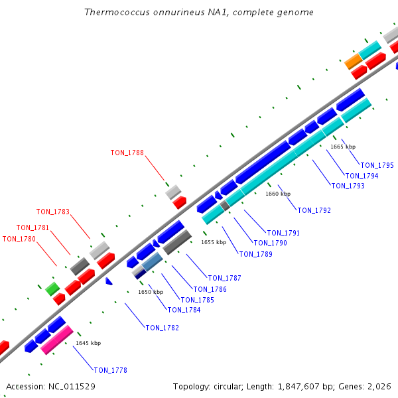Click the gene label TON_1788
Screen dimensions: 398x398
[127, 153]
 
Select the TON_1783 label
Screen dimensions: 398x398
[53, 212]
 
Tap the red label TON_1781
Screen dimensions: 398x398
[33, 228]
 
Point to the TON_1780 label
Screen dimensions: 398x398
[19, 239]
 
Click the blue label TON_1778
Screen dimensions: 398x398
[110, 370]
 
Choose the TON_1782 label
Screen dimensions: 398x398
[162, 328]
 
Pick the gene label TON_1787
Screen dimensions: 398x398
[224, 278]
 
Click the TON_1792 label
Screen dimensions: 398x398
[314, 210]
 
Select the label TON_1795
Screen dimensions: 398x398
[377, 165]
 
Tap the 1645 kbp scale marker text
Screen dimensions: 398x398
[88, 343]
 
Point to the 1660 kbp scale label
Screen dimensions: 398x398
[278, 194]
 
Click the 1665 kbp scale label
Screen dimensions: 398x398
[343, 147]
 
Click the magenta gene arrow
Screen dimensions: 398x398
[56, 340]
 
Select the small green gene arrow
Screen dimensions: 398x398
[52, 288]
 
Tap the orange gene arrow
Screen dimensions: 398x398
[354, 62]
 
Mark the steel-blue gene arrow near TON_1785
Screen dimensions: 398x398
[152, 262]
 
